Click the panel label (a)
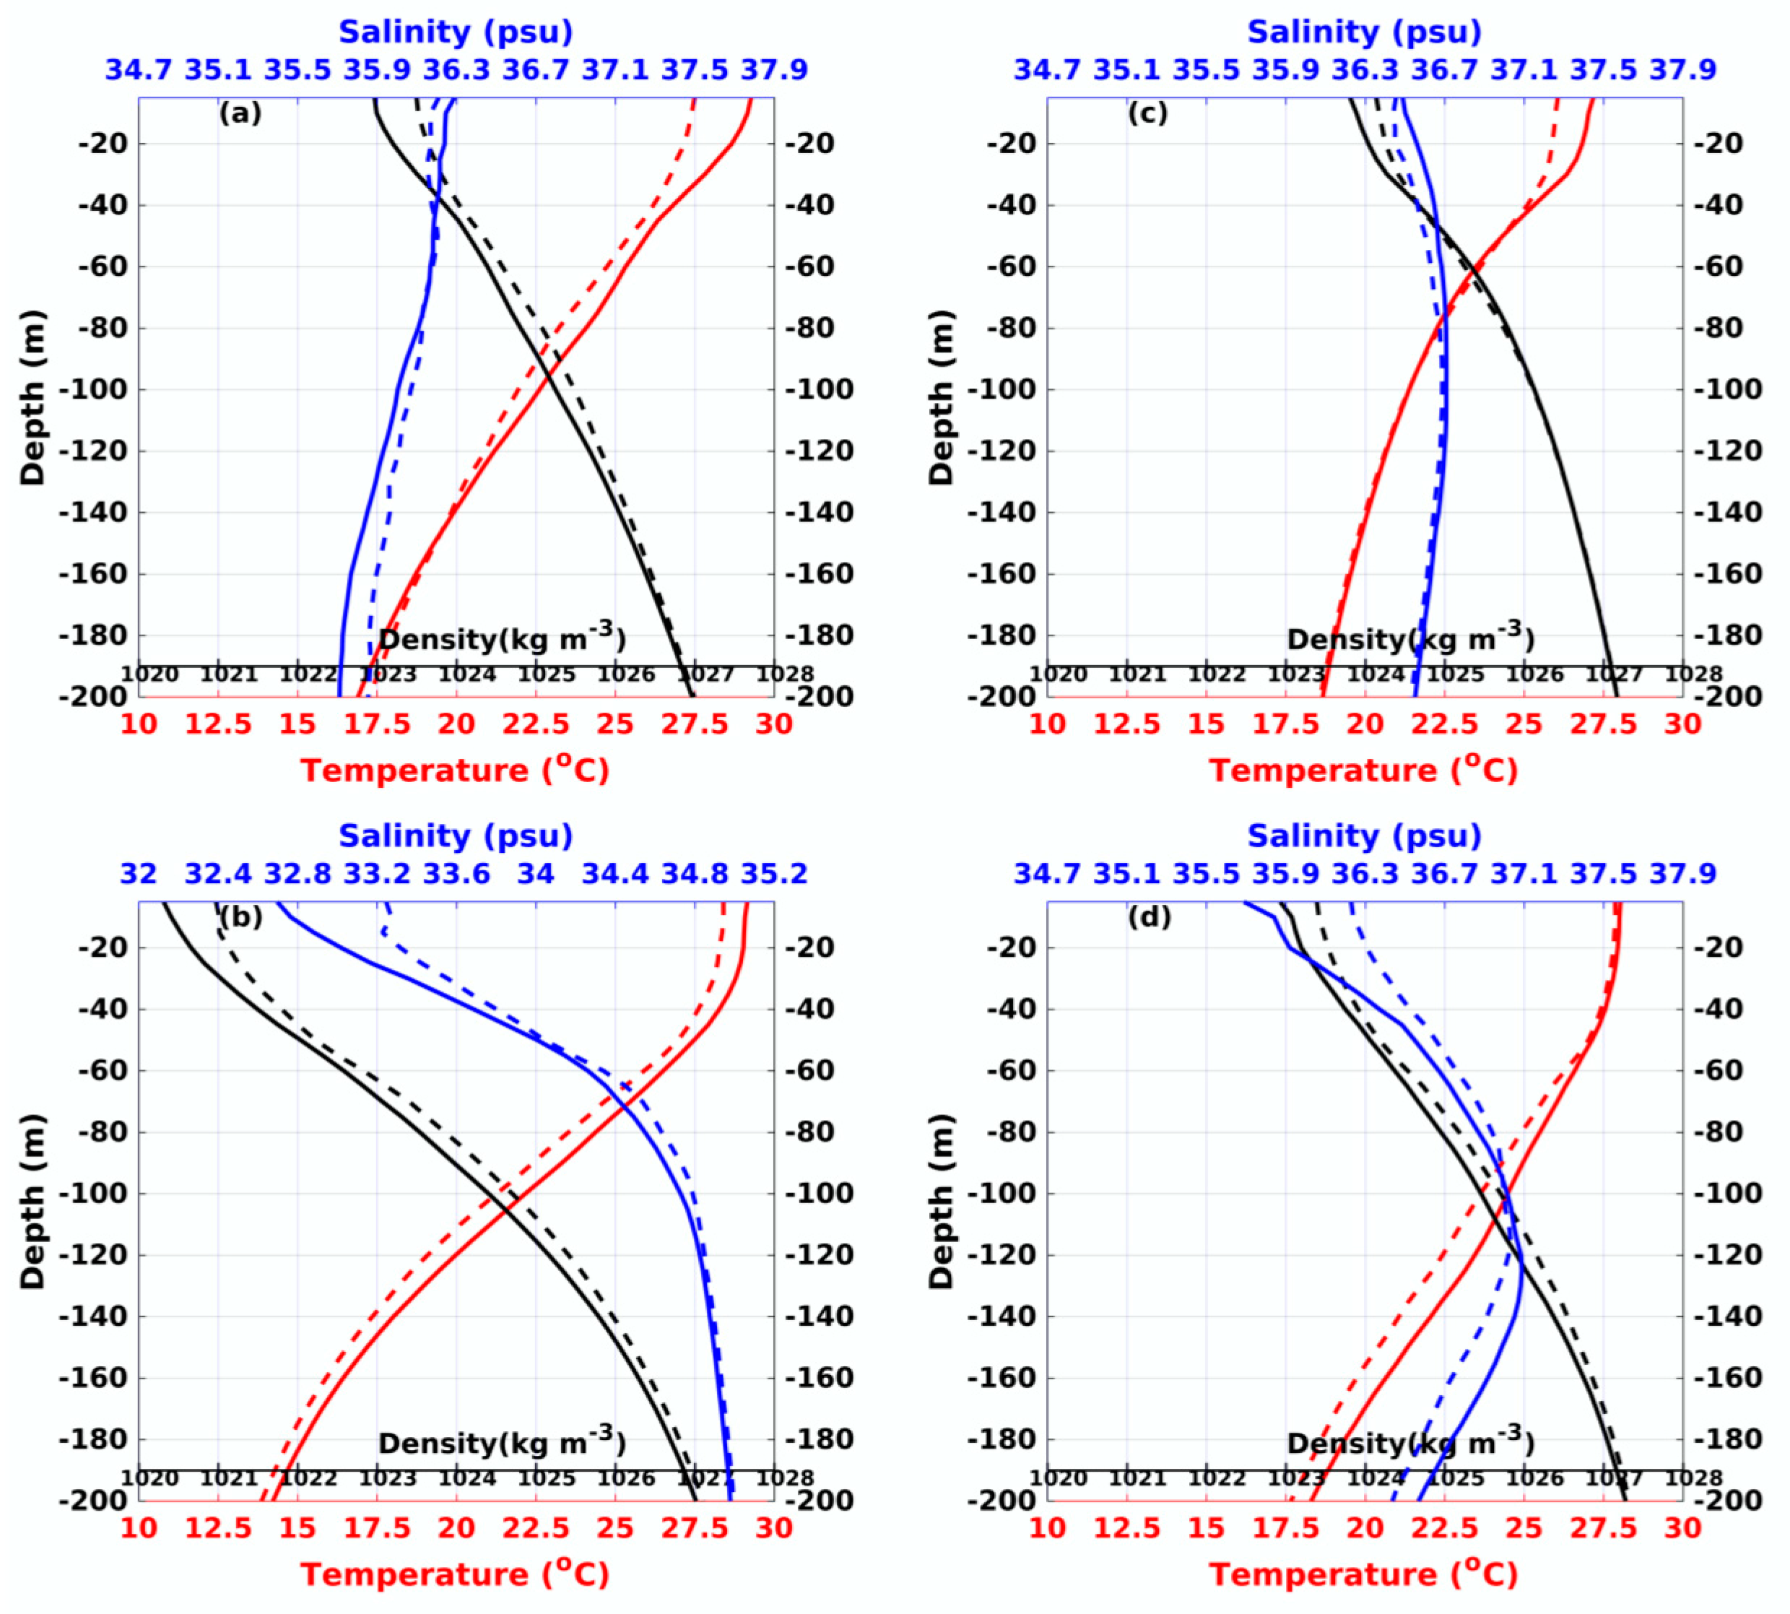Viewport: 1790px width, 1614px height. coord(240,113)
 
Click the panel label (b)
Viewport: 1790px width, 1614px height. coord(240,918)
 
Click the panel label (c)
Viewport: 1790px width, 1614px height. coord(1148,113)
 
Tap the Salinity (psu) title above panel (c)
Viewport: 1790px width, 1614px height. coord(1363,32)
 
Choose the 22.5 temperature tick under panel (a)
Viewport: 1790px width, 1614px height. coord(536,724)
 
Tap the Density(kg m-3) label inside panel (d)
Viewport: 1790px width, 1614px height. coord(1409,1442)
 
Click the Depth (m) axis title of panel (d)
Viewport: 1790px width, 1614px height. coord(942,1202)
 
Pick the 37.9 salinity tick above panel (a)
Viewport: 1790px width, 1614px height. coord(774,70)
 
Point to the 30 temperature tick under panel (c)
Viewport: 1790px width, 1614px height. coord(1682,724)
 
